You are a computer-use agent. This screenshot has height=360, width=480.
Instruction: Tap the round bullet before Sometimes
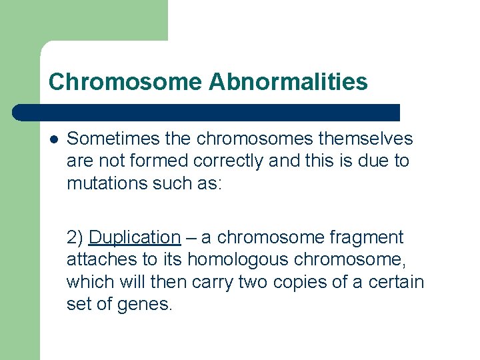53,139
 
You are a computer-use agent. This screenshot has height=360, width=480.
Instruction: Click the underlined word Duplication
134,237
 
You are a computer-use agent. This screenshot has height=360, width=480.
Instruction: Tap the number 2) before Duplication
75,237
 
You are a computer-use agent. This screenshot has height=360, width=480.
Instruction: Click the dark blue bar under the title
207,112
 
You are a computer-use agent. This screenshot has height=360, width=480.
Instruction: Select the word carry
209,282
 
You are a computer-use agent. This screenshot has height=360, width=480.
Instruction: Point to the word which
91,282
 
